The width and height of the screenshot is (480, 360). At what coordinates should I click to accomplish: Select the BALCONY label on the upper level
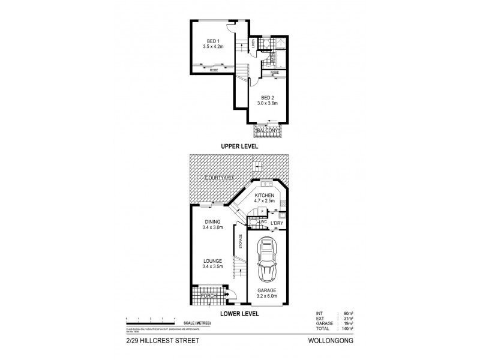268,130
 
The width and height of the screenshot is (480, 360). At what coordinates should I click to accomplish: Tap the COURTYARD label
217,178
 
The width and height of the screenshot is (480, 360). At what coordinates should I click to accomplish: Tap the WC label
263,222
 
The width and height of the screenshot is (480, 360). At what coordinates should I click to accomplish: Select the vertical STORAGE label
241,243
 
